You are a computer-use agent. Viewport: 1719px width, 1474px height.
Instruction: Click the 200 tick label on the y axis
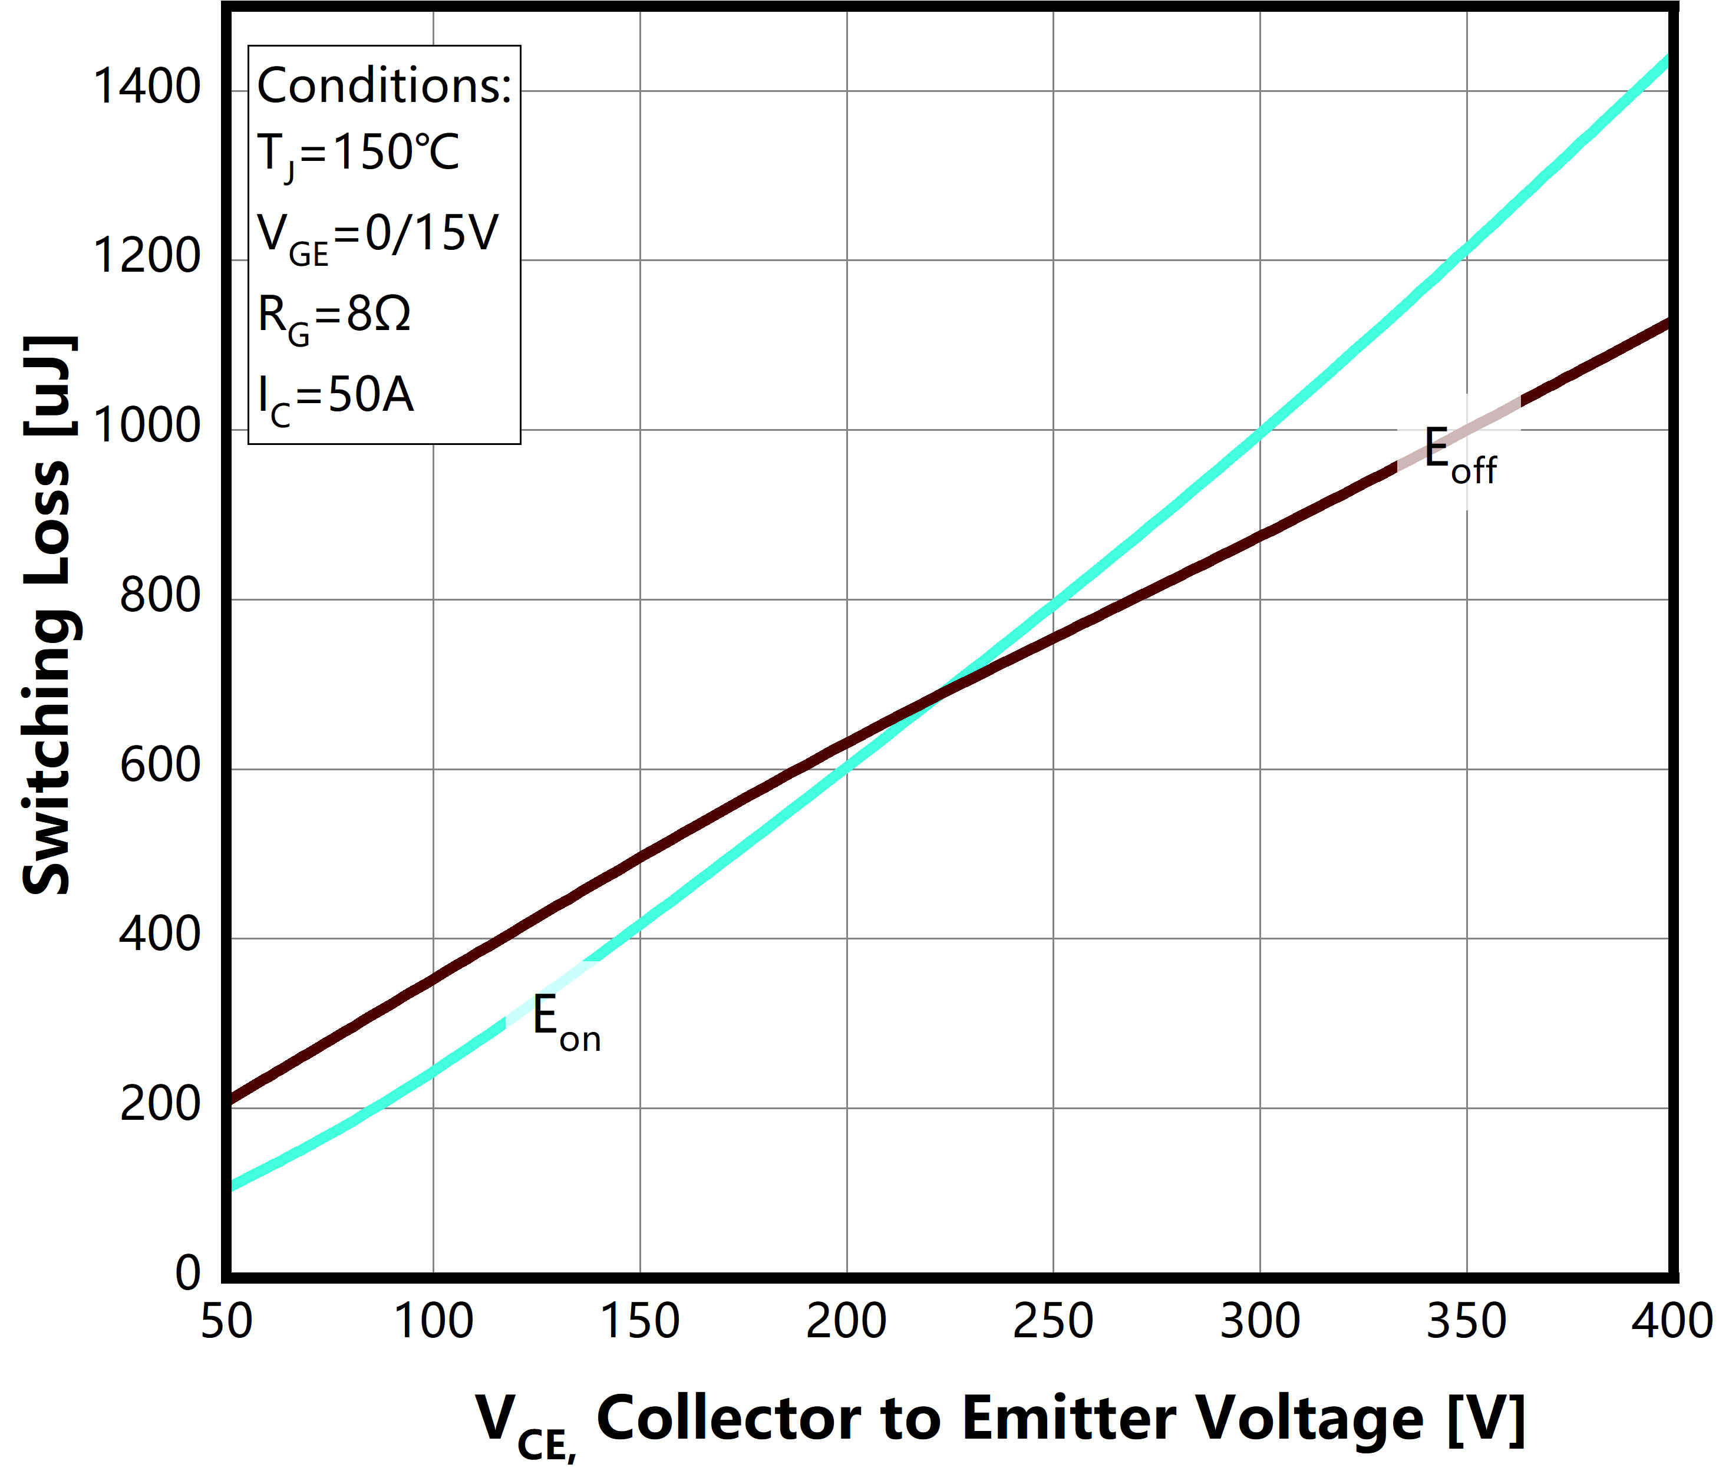pos(160,1104)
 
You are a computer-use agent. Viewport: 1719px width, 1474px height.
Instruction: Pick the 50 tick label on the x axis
pos(226,1321)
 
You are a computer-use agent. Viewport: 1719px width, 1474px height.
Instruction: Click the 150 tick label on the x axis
pos(639,1321)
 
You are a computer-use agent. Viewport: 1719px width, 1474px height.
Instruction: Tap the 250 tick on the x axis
pos(1053,1321)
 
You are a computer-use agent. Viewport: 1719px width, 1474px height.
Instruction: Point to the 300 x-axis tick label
pos(1259,1321)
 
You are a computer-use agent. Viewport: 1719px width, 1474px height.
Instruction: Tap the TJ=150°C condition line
pos(358,154)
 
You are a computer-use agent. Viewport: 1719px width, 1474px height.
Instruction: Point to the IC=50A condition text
pos(335,397)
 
